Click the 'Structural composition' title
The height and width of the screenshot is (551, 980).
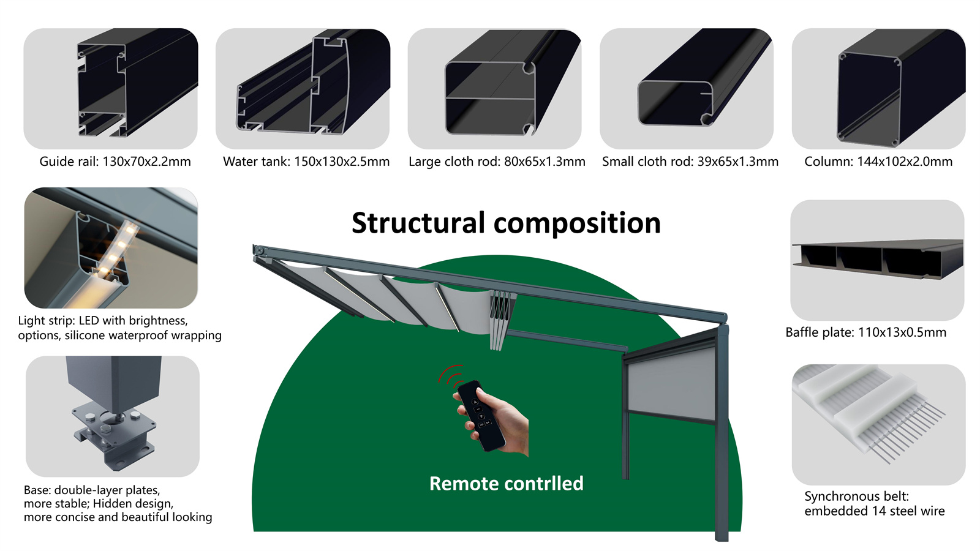[x=506, y=223]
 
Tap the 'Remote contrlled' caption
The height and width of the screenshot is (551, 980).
[x=506, y=484]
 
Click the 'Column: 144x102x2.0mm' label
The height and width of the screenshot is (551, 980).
[x=878, y=162]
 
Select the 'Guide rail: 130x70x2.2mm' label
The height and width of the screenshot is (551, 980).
[x=115, y=162]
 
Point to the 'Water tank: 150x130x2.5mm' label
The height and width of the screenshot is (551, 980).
[x=306, y=162]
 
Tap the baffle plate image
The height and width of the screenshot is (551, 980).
[x=877, y=260]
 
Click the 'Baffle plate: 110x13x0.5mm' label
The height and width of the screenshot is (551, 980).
[x=865, y=332]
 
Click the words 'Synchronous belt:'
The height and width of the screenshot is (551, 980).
[x=856, y=497]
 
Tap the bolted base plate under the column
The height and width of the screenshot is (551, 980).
[x=113, y=438]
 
